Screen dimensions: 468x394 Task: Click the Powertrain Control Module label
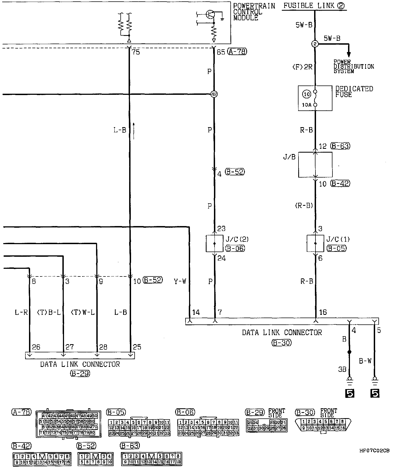point(254,12)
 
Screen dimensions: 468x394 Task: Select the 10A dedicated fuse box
point(315,98)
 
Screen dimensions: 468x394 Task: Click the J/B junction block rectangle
point(315,165)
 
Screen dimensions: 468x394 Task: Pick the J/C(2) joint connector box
point(214,243)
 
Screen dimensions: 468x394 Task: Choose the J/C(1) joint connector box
point(315,243)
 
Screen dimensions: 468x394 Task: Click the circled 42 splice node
point(214,94)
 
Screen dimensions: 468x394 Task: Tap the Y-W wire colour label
point(180,281)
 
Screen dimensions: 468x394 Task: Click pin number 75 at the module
point(136,52)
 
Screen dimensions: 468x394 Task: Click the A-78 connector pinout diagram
point(68,423)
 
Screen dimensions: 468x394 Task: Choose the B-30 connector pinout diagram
point(323,425)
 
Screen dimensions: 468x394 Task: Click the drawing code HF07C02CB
point(375,450)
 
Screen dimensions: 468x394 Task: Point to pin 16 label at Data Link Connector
point(323,312)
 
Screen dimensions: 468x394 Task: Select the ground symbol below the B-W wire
point(375,380)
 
